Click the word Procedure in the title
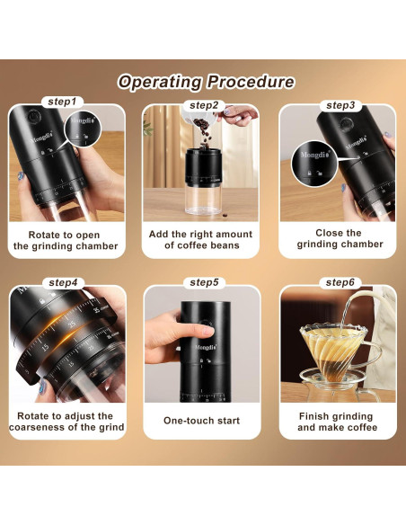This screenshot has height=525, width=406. [251, 82]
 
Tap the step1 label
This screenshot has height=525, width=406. [62, 102]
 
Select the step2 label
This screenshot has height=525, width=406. [204, 105]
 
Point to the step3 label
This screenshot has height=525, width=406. [340, 105]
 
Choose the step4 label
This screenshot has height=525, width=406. [63, 282]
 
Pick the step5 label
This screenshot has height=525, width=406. [204, 282]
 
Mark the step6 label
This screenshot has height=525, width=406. [340, 282]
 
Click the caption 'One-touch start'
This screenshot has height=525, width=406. [202, 421]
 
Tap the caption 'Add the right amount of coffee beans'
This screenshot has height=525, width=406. [200, 240]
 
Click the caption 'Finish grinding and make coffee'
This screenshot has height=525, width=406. [337, 422]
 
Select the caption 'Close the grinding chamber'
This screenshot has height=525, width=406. [340, 238]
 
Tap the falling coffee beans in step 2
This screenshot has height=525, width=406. [204, 134]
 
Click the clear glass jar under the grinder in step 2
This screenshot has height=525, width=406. [203, 200]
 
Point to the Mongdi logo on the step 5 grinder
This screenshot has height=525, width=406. [206, 347]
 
